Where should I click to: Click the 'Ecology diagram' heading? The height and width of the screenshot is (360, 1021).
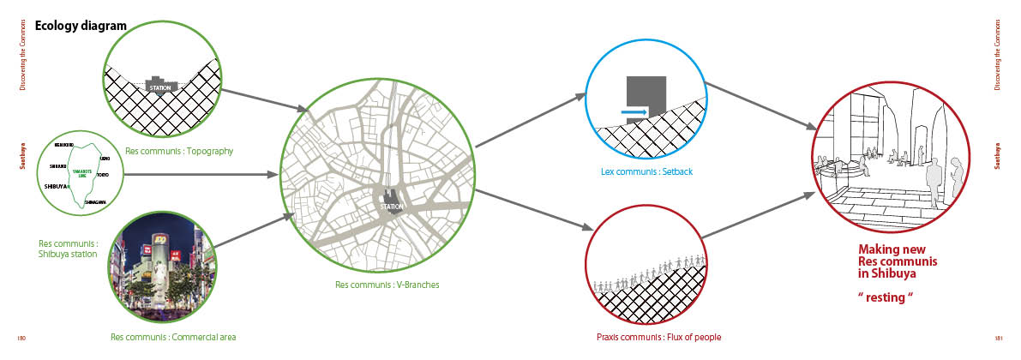pyautogui.click(x=81, y=26)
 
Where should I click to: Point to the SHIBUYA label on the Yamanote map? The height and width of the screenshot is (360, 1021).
pyautogui.click(x=57, y=185)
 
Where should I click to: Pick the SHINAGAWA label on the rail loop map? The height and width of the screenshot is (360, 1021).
pyautogui.click(x=95, y=201)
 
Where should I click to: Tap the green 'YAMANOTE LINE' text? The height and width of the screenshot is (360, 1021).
pyautogui.click(x=81, y=175)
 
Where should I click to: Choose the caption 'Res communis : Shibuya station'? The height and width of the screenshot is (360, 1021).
pyautogui.click(x=69, y=248)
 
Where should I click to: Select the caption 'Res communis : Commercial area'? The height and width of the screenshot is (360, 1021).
pyautogui.click(x=173, y=337)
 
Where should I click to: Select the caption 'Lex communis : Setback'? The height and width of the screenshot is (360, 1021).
pyautogui.click(x=646, y=171)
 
